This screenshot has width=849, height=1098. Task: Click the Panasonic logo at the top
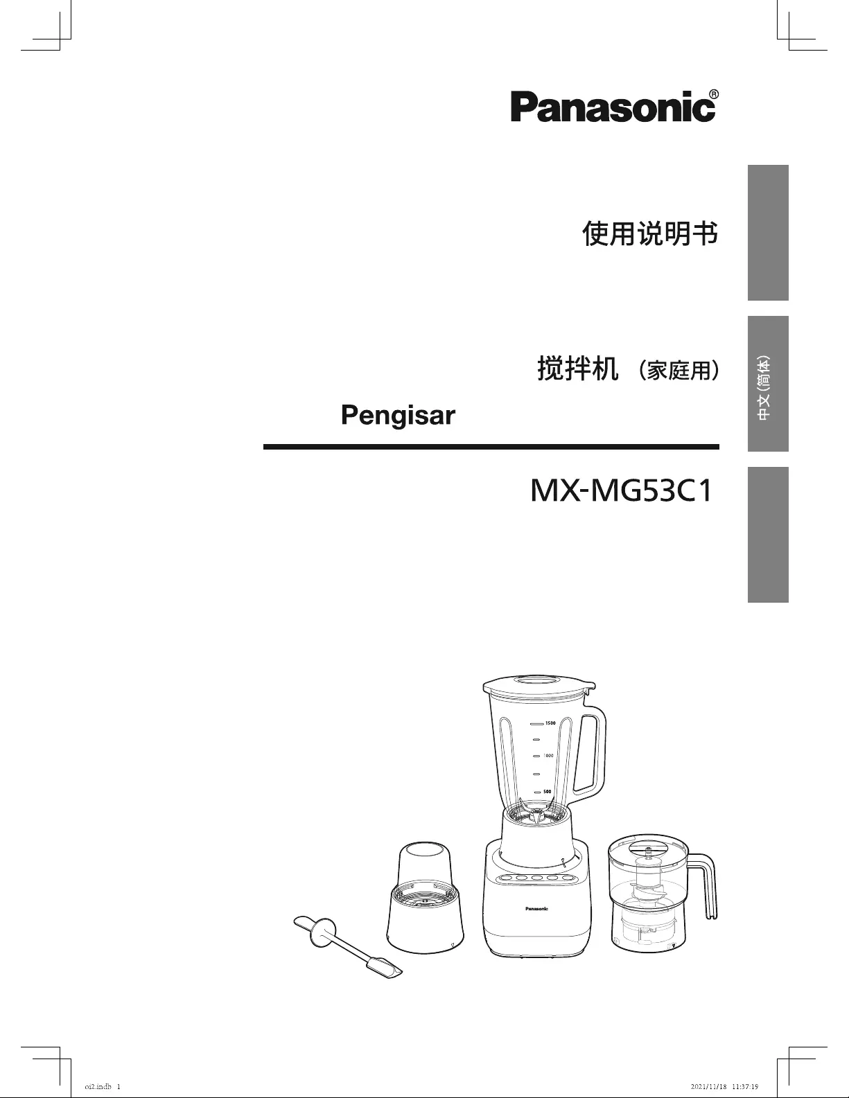pos(613,107)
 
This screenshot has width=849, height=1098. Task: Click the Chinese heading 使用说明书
pos(649,234)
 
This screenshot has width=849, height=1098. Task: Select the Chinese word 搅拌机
pos(577,369)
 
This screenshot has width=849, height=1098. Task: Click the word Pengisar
pos(398,415)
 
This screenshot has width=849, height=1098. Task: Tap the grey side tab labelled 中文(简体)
pos(767,384)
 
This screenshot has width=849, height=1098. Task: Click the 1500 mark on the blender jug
pos(550,723)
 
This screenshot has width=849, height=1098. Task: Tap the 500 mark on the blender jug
pos(547,791)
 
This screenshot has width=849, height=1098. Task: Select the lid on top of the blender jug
pos(539,690)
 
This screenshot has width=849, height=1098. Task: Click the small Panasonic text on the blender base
pos(536,908)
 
